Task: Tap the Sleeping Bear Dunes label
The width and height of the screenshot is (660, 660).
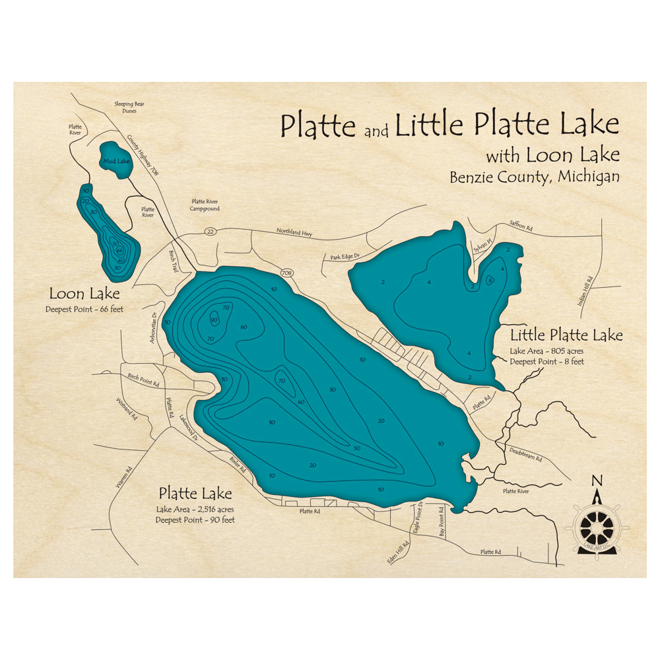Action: [129, 108]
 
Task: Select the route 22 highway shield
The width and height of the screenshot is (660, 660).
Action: [211, 231]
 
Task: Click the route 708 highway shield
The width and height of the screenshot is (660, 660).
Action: [286, 273]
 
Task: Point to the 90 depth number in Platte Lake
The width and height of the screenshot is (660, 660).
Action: [214, 320]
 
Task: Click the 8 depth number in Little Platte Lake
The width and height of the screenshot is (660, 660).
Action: [490, 280]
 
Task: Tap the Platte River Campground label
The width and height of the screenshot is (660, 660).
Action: [205, 205]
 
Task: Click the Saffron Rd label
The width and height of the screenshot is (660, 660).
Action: [521, 226]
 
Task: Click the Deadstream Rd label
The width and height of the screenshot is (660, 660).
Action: [526, 456]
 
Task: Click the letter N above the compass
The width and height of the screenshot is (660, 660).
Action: [597, 480]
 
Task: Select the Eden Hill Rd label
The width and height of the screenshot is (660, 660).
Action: [398, 552]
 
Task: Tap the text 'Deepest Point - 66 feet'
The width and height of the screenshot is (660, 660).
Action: [84, 309]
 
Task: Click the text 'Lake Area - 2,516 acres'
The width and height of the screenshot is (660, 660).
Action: [195, 509]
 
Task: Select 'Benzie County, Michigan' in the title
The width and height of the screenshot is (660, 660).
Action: [535, 178]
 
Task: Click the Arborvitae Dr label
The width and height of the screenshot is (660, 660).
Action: [156, 323]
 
